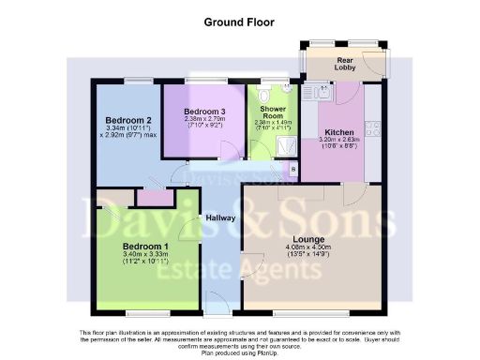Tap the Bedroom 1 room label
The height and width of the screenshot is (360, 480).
point(142,247)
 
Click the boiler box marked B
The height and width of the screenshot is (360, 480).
point(293,169)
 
